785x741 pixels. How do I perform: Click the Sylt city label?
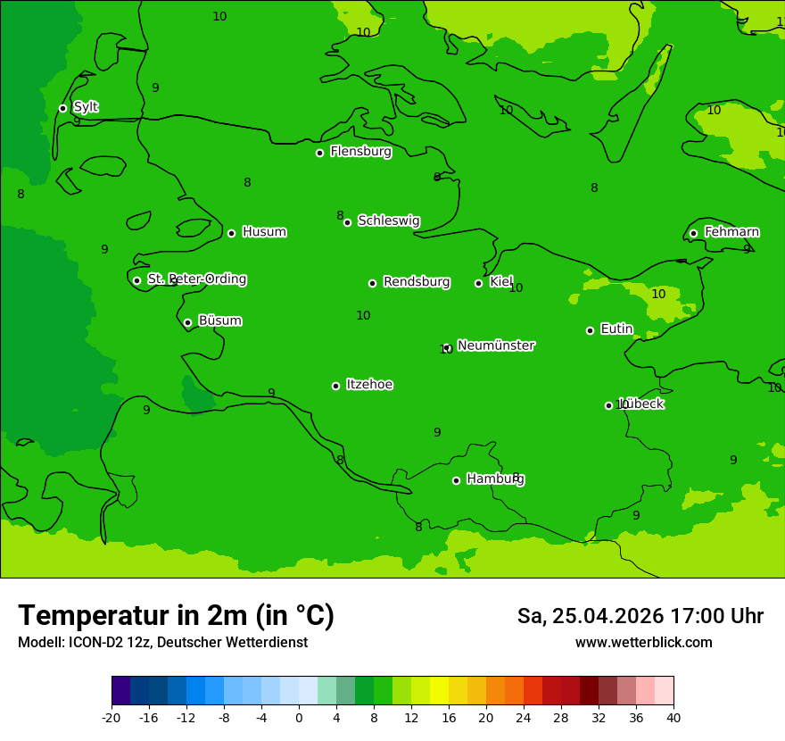coord(86,107)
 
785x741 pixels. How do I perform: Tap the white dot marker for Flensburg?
coord(319,153)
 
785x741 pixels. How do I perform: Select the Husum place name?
coord(264,232)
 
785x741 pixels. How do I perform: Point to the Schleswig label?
coord(388,221)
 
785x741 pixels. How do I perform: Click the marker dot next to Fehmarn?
coord(693,233)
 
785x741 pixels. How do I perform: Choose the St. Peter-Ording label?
coord(196,279)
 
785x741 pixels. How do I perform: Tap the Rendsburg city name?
coord(416,282)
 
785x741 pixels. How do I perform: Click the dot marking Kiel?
coord(478,283)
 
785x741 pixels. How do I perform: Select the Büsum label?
coord(219,321)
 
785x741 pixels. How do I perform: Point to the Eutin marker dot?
coord(590,330)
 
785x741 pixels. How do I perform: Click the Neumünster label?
coord(495,346)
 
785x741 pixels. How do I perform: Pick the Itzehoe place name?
coord(369,385)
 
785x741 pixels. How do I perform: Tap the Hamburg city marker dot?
coord(456,480)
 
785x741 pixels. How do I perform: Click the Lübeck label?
coord(641,404)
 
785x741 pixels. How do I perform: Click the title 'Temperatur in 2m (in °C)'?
coord(176,615)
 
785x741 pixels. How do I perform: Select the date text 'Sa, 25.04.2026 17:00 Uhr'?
coord(640,616)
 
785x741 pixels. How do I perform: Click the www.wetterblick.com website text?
coord(643,642)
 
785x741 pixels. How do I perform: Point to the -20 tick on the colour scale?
coord(112,717)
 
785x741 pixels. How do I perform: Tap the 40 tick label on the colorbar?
coord(673,717)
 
